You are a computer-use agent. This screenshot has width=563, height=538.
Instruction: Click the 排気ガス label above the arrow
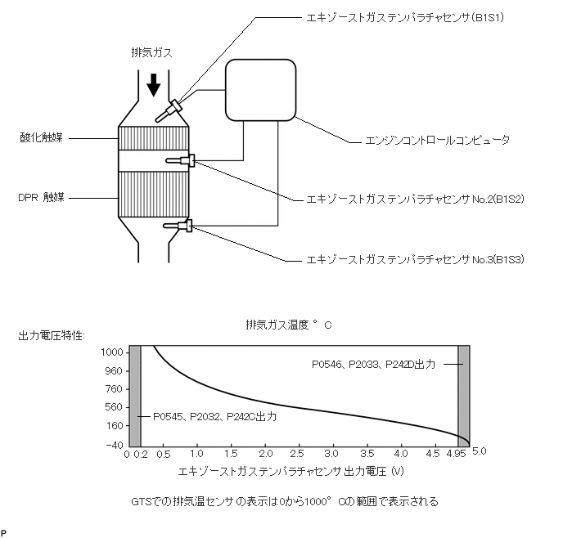coord(151,52)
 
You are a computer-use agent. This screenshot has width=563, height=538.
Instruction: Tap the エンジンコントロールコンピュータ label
coord(438,141)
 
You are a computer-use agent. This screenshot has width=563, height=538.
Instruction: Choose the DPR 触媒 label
coord(42,197)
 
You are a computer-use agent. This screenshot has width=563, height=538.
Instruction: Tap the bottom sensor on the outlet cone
coord(179,226)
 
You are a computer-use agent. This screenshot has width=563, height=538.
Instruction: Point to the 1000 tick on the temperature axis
coord(111,352)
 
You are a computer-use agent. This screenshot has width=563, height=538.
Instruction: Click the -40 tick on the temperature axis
coord(113,444)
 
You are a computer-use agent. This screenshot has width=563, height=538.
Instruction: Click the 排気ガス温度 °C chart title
coord(289,325)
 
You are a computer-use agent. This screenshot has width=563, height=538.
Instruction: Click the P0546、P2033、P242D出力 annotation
coord(383,363)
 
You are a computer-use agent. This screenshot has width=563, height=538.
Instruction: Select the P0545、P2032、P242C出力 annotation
coord(214,416)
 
